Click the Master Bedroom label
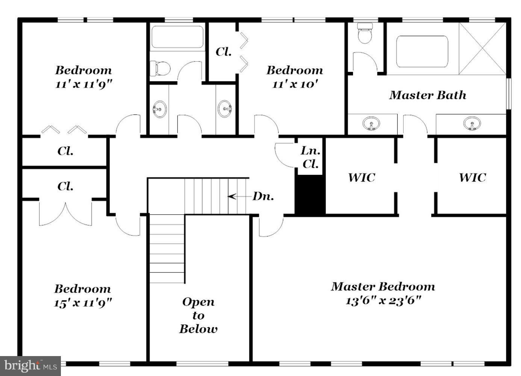click(x=383, y=287)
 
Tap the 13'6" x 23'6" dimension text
click(x=383, y=301)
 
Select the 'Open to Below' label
click(x=198, y=315)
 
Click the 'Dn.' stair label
click(x=263, y=196)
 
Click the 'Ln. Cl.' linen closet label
click(x=310, y=157)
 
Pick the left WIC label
click(x=361, y=177)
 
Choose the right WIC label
click(x=472, y=177)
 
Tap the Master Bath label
click(x=427, y=95)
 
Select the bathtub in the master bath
click(x=422, y=52)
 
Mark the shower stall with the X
click(x=482, y=49)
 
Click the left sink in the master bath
click(x=371, y=123)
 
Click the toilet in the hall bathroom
click(x=159, y=69)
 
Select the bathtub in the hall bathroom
click(x=177, y=37)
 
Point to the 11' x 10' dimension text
click(x=295, y=84)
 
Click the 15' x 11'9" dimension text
click(x=83, y=303)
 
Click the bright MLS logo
click(x=30, y=365)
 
